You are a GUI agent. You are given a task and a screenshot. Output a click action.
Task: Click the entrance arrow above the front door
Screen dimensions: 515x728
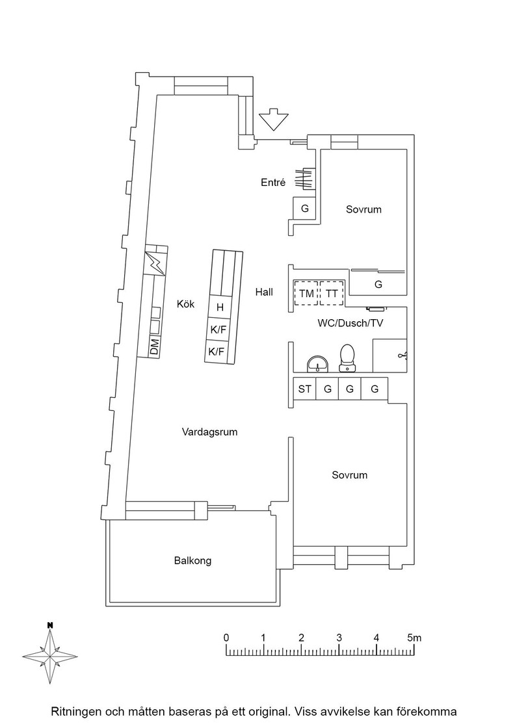(273, 120)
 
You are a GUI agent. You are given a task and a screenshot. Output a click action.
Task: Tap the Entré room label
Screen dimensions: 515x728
(273, 183)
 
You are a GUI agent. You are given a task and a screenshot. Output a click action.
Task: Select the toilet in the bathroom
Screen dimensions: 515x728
(347, 358)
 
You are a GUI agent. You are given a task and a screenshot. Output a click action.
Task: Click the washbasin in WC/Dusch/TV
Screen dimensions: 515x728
(317, 363)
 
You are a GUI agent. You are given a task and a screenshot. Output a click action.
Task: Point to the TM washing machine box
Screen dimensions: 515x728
(306, 293)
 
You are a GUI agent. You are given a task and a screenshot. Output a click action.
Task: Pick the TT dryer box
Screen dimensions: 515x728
(332, 293)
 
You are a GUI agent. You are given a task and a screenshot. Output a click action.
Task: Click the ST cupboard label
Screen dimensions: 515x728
(304, 389)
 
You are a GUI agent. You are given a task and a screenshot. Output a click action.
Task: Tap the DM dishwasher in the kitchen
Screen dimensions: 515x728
(153, 347)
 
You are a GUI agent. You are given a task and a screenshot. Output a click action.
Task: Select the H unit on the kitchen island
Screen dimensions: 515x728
(220, 307)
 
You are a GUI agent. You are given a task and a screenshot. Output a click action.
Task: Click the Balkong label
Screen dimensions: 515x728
(192, 560)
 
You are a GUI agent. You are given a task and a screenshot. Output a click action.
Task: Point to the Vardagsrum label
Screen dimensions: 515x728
(209, 432)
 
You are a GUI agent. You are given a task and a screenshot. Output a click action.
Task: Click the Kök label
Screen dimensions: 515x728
(186, 304)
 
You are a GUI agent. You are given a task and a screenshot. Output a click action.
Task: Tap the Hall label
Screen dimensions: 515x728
(264, 292)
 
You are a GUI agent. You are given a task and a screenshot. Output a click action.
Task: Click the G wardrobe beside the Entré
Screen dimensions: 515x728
(304, 209)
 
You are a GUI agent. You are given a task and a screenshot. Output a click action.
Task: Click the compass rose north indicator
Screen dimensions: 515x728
(49, 625)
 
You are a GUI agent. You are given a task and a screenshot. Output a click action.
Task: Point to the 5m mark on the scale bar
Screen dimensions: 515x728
(414, 638)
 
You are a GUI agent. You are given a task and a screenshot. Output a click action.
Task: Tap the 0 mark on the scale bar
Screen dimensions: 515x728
(226, 638)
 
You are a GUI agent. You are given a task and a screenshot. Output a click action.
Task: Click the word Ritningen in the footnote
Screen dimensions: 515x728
(75, 712)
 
